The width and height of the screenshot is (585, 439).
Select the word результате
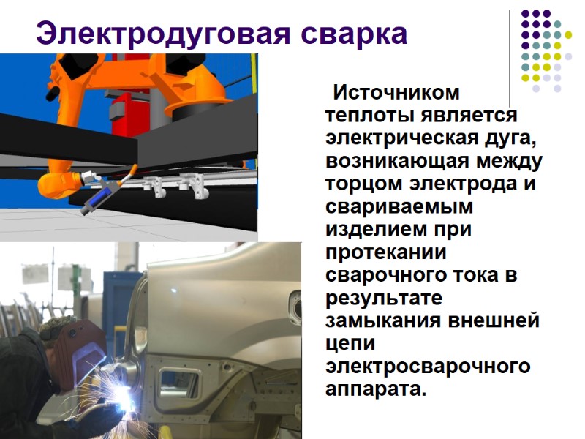(x=385, y=299)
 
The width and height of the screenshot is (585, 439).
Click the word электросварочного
(x=428, y=366)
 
